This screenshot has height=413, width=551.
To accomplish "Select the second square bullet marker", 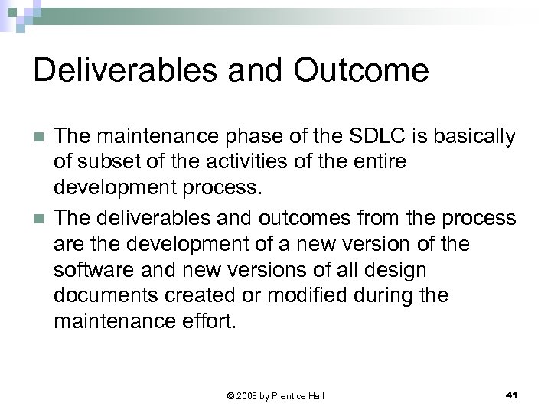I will pos(37,218).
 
